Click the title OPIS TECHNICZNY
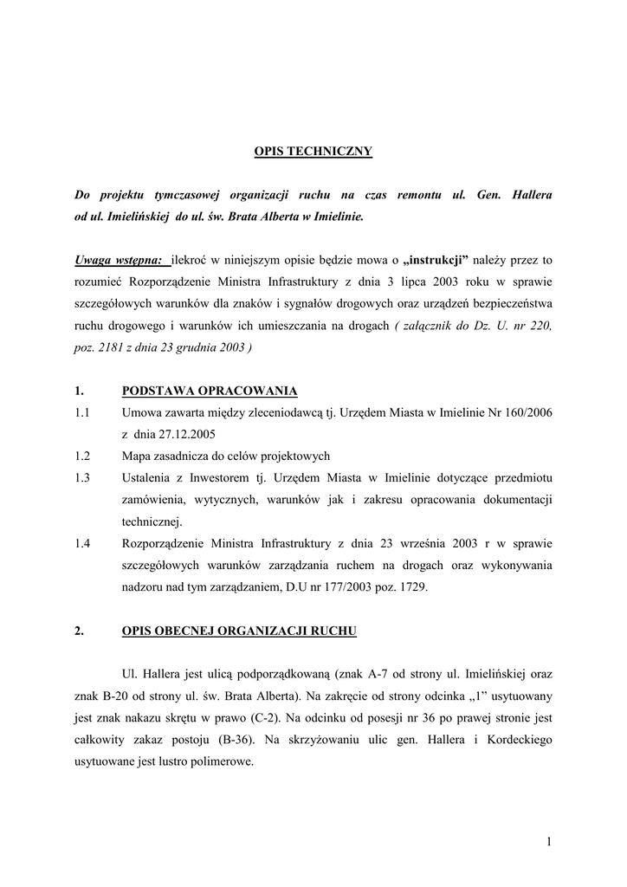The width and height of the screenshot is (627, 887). [313, 152]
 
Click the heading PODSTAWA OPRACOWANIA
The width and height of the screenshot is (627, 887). [210, 390]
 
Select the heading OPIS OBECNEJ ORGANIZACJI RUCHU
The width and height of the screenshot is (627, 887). [239, 631]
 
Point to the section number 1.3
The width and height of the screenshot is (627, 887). [83, 478]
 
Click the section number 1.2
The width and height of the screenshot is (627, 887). [83, 456]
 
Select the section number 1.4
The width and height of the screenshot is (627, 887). [83, 544]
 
